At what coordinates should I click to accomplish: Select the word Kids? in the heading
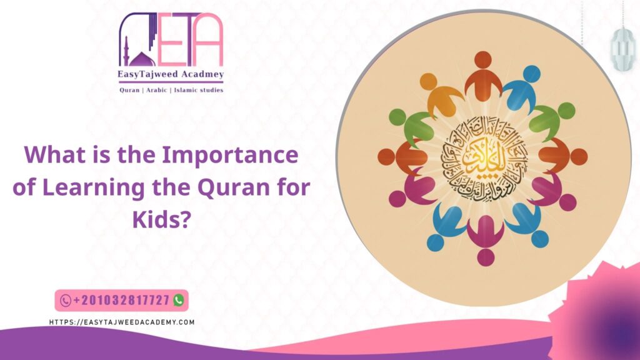[161, 220]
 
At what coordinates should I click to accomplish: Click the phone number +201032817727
[121, 301]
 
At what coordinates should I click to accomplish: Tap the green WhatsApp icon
[179, 301]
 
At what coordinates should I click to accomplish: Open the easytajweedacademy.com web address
[122, 322]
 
